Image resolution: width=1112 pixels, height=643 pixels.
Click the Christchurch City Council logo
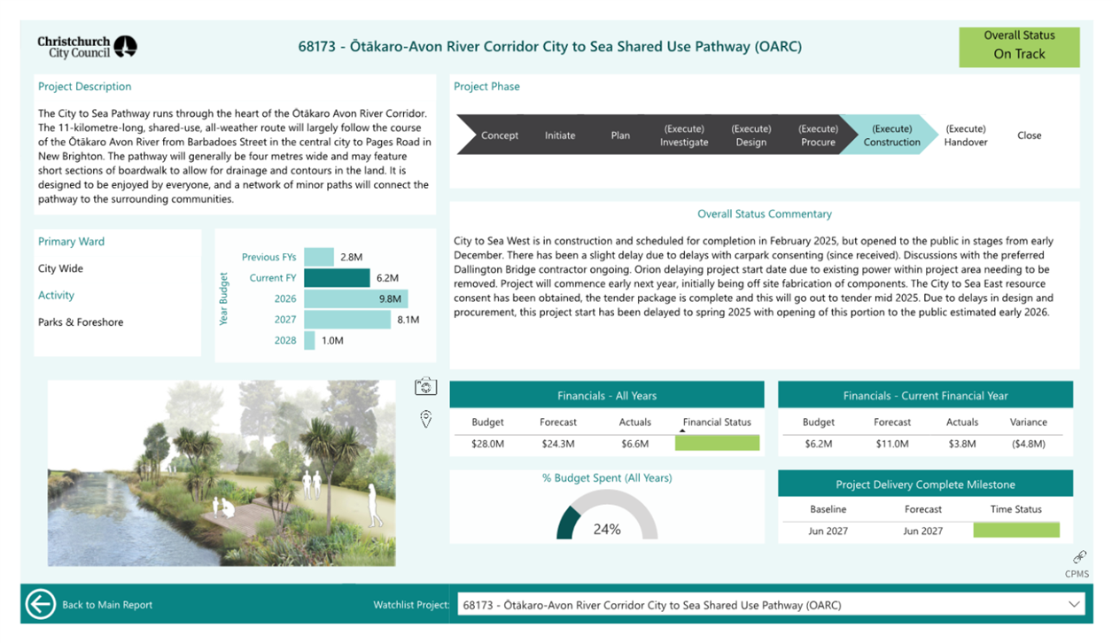88,47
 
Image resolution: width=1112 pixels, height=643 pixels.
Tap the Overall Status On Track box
1019,47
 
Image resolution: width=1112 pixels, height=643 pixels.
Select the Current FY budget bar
337,278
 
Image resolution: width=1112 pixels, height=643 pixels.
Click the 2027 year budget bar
347,320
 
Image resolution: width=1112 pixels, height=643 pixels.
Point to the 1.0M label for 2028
332,340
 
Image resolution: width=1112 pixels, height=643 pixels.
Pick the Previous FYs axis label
268,257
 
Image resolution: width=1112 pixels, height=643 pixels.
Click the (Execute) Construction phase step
891,135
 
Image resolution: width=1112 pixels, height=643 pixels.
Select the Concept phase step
499,135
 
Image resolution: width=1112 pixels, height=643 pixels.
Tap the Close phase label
1029,136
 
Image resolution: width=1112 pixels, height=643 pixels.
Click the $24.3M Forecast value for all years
558,444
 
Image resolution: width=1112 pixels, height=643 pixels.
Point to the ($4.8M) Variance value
1028,444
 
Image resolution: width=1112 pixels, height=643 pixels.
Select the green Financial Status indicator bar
718,443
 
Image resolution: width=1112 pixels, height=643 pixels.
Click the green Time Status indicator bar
1016,530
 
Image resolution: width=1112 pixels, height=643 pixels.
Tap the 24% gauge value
607,530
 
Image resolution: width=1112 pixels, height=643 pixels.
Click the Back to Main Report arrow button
40,604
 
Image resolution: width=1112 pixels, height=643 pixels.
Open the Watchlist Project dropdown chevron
1074,604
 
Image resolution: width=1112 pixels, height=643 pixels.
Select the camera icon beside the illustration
426,386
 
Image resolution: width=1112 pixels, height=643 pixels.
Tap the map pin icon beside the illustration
426,419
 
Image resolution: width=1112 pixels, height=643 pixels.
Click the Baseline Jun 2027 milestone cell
828,531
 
